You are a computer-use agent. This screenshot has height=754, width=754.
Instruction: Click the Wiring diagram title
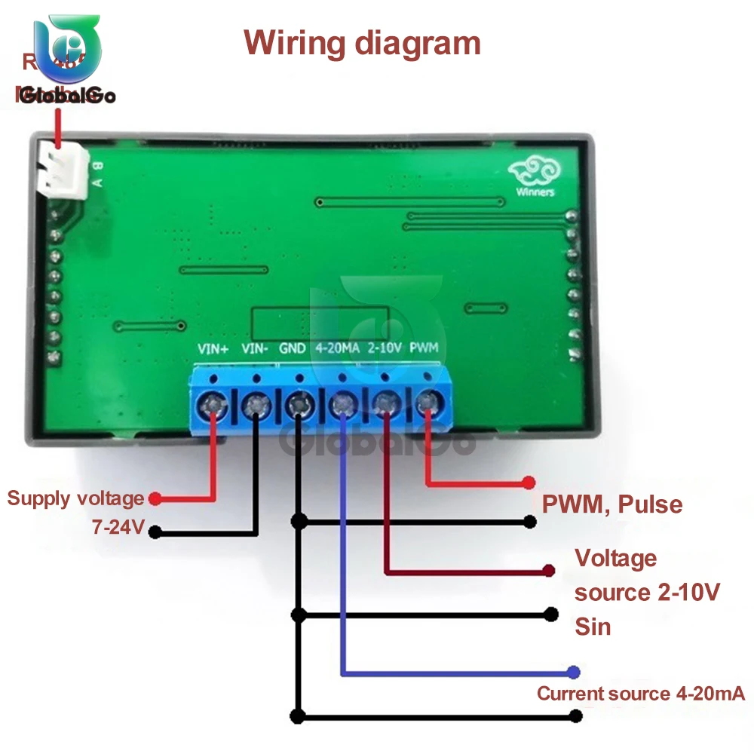point(362,43)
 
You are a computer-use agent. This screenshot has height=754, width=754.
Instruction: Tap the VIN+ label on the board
point(212,349)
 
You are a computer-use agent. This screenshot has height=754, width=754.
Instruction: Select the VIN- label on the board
point(254,349)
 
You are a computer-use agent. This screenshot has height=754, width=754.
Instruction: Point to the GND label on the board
point(293,349)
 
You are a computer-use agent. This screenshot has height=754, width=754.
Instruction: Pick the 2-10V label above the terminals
point(383,349)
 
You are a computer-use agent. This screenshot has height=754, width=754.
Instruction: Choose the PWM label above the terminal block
point(425,349)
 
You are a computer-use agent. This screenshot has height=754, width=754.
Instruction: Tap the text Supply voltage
point(75,498)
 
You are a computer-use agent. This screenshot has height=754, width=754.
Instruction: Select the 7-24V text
point(117,527)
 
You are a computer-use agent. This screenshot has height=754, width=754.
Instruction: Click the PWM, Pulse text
point(611,504)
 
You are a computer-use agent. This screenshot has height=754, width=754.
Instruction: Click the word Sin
point(593,627)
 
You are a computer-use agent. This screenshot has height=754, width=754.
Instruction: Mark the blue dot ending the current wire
point(574,671)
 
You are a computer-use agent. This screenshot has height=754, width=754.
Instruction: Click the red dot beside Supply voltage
point(155,498)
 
